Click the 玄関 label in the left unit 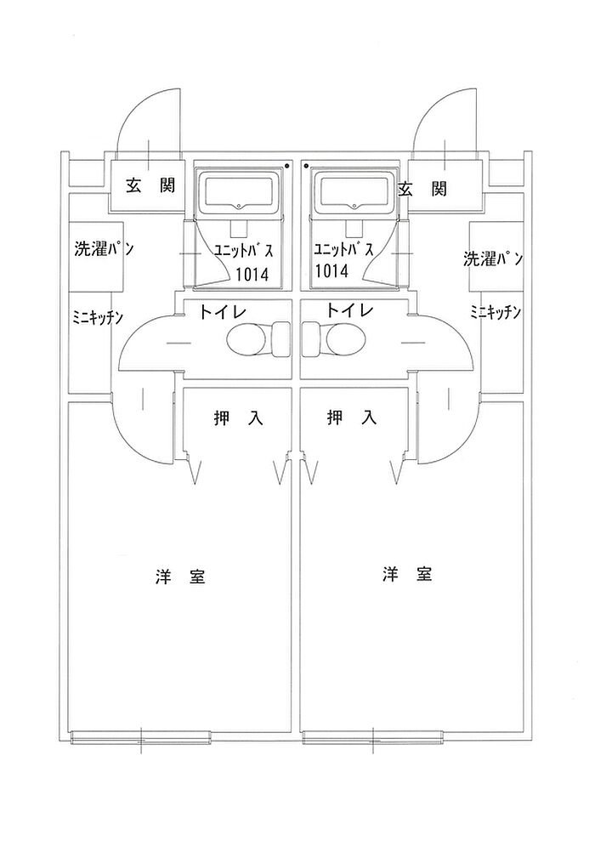(x=150, y=186)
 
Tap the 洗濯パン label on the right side (x=492, y=259)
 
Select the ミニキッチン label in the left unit (x=98, y=317)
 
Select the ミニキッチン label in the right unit (x=496, y=312)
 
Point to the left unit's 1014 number (x=252, y=274)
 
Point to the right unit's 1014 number (x=331, y=270)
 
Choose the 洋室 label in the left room (x=179, y=577)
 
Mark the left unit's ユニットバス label (x=243, y=252)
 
